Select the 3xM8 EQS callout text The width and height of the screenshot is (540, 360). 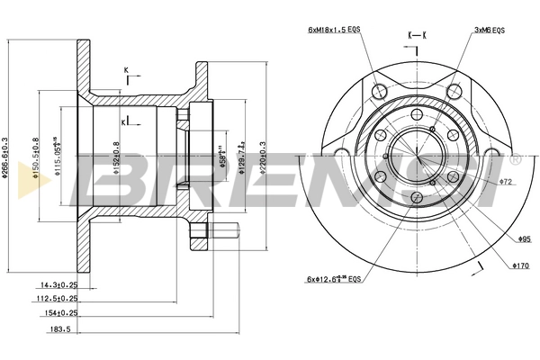490,31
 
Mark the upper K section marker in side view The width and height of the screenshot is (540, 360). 127,72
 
